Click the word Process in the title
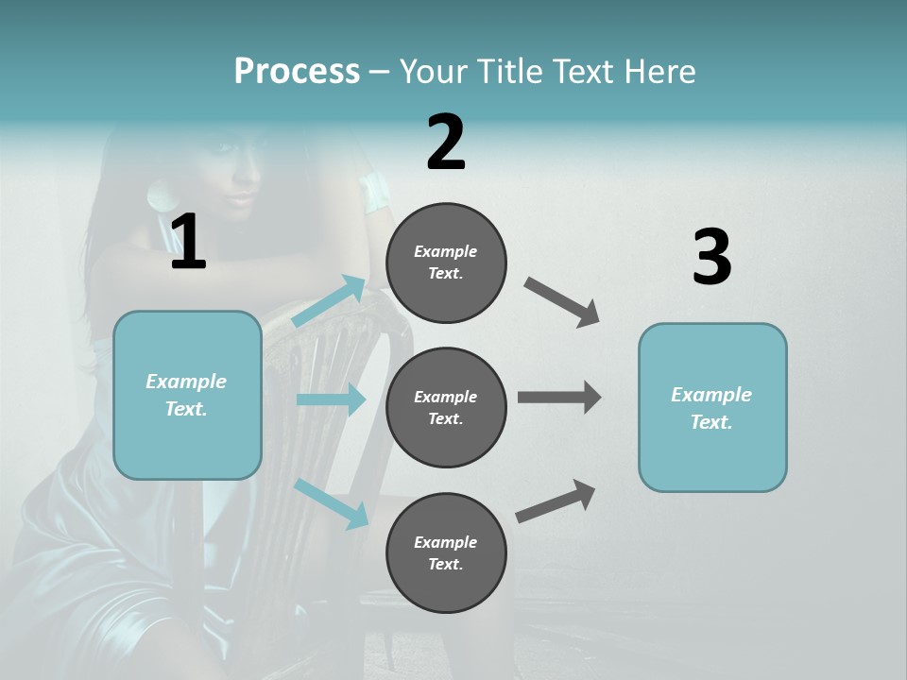pos(297,72)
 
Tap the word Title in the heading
pos(509,72)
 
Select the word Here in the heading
pos(659,72)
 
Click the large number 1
pos(188,243)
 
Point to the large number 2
pos(446,142)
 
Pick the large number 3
pos(712,257)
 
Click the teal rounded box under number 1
pos(187,395)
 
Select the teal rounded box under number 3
pos(712,408)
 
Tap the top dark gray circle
pos(446,263)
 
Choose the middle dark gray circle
pos(446,408)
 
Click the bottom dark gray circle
pos(446,553)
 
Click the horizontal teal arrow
pos(331,399)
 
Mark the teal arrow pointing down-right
pos(332,502)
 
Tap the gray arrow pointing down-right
pos(562,301)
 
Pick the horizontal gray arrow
pos(559,398)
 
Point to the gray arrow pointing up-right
pos(556,501)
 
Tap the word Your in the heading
pos(435,72)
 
